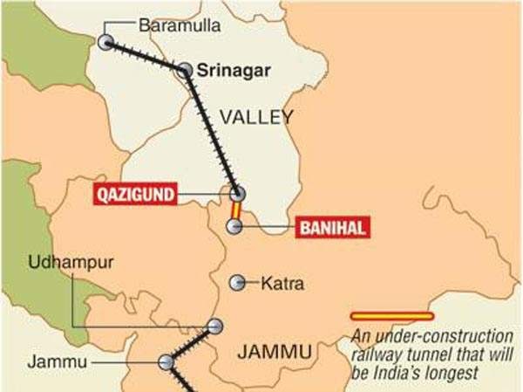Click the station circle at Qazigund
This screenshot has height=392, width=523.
coord(236,194)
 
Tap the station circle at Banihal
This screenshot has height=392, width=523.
coord(234,227)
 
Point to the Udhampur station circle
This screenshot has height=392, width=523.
coord(214,327)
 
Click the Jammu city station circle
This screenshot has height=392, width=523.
coord(166,361)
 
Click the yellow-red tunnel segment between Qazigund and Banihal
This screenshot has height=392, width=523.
coord(234,210)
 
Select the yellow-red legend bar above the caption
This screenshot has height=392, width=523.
coord(391,315)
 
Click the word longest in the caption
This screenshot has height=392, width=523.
coord(458,373)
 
